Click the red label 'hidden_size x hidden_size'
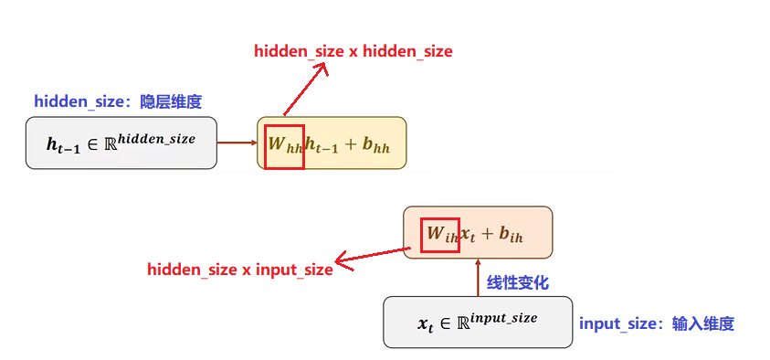(353, 51)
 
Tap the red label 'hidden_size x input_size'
(240, 270)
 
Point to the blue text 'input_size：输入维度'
(657, 323)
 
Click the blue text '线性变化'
(518, 283)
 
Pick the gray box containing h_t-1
(121, 143)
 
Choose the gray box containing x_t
(478, 322)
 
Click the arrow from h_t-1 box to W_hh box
(237, 143)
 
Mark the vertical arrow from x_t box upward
(478, 277)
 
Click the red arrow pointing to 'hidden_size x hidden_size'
(305, 90)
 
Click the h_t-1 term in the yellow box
(322, 145)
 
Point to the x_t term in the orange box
(467, 235)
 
